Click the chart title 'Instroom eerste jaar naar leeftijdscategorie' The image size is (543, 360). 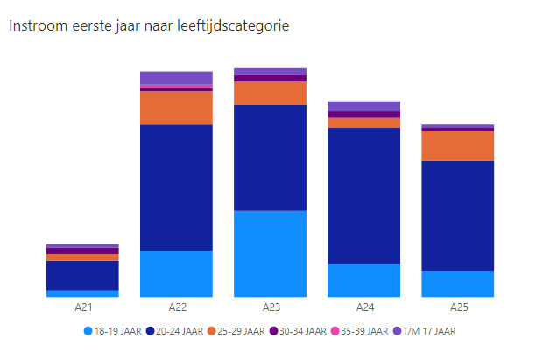[x=148, y=25]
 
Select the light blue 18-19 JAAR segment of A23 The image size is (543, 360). [x=270, y=253]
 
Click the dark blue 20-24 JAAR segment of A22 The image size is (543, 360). [x=176, y=187]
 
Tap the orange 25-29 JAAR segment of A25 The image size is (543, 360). [x=458, y=145]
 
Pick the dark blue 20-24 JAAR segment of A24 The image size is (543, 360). [x=363, y=195]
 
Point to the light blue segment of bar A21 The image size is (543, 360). [x=82, y=293]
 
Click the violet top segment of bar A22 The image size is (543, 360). [x=176, y=77]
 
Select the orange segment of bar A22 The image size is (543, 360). [x=176, y=108]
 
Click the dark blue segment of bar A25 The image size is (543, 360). [x=458, y=215]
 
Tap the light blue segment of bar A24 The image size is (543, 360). [x=363, y=279]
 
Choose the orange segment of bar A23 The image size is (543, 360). [x=270, y=93]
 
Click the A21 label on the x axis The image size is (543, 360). [x=82, y=307]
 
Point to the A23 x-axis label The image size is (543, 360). [x=270, y=307]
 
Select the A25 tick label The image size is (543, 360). [x=458, y=307]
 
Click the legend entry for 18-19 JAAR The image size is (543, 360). [x=114, y=331]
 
